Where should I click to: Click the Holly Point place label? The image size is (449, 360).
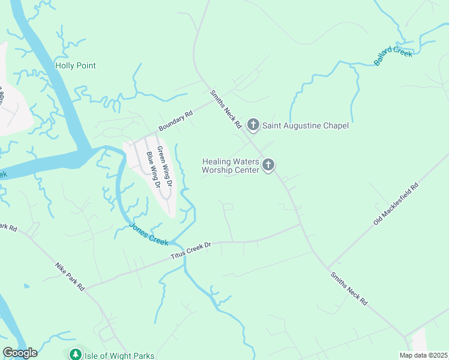click(76, 65)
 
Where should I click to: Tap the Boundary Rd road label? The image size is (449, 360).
click(175, 121)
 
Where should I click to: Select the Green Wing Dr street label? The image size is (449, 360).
click(164, 166)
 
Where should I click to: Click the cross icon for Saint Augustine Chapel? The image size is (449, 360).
click(253, 125)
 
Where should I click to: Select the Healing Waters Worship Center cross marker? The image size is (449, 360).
click(268, 164)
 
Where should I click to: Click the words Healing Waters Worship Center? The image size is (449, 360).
click(231, 166)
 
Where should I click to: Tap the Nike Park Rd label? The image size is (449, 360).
click(71, 276)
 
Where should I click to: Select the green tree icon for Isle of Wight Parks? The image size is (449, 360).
click(75, 355)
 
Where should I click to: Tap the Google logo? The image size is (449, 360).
click(20, 353)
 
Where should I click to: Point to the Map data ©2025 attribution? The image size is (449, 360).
click(423, 355)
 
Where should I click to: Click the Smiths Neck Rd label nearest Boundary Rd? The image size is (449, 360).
click(226, 110)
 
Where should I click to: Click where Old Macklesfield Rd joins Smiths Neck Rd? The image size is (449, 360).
click(328, 268)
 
